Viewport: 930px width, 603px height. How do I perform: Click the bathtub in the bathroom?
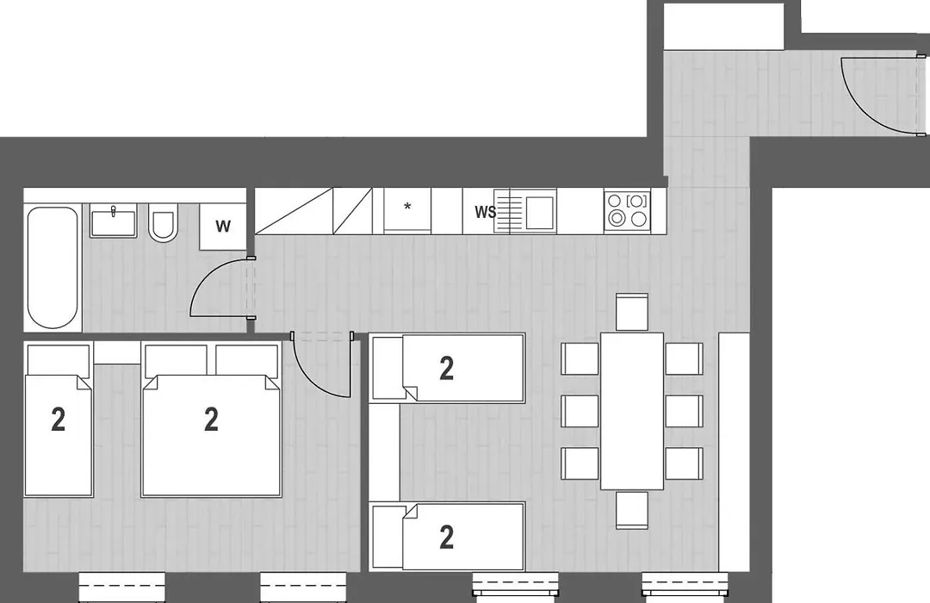[x=53, y=268]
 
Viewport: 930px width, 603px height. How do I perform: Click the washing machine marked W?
[x=222, y=226]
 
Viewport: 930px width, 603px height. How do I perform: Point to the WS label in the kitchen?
[x=485, y=212]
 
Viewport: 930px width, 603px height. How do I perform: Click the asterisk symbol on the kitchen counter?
[x=407, y=207]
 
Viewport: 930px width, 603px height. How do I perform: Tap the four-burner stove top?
[x=628, y=210]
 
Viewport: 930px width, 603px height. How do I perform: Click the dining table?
[x=632, y=411]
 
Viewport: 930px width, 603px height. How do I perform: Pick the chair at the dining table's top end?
[x=632, y=312]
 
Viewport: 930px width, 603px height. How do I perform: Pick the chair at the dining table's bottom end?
[x=632, y=510]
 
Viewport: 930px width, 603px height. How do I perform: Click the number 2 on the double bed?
[x=211, y=420]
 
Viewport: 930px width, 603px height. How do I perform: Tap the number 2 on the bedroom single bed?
[x=59, y=420]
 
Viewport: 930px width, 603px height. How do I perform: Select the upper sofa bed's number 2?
[x=447, y=369]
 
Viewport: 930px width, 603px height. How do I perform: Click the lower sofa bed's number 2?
[x=447, y=538]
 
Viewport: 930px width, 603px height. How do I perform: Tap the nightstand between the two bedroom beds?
[x=117, y=354]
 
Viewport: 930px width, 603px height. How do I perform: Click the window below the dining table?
[x=685, y=584]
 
